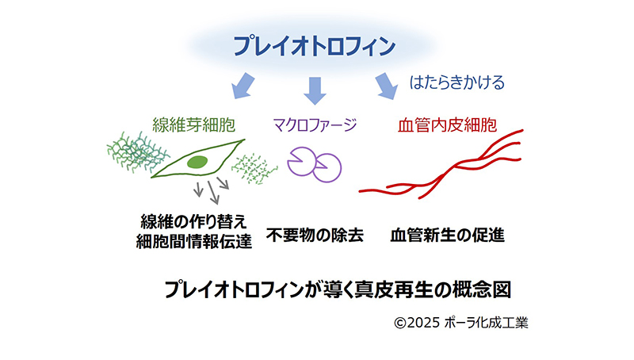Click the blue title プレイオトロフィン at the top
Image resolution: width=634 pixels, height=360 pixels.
(x=314, y=46)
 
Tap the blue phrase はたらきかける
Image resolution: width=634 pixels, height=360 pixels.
(x=457, y=82)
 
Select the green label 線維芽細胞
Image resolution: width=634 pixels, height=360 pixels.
(x=193, y=125)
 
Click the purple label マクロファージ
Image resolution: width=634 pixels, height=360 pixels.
(x=315, y=124)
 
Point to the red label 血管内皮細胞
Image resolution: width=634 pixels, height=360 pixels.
(x=447, y=125)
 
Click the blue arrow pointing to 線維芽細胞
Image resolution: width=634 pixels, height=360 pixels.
(x=243, y=86)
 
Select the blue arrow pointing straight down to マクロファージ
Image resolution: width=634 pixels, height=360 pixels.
(x=315, y=90)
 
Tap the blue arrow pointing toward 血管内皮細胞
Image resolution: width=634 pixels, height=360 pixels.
(x=386, y=86)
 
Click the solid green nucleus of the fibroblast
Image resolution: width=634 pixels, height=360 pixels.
(x=197, y=162)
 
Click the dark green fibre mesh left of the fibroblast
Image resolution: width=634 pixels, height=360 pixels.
(x=136, y=151)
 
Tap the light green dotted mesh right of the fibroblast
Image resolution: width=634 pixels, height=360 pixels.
(x=254, y=169)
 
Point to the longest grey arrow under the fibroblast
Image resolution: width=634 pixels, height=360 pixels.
(x=213, y=192)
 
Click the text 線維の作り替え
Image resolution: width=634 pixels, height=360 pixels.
(x=193, y=222)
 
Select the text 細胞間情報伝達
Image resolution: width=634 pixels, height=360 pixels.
(x=194, y=242)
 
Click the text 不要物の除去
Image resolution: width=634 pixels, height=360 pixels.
(x=315, y=235)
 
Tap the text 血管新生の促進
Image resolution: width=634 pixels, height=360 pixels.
(x=447, y=235)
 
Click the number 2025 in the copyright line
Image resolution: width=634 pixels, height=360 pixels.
(x=423, y=323)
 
